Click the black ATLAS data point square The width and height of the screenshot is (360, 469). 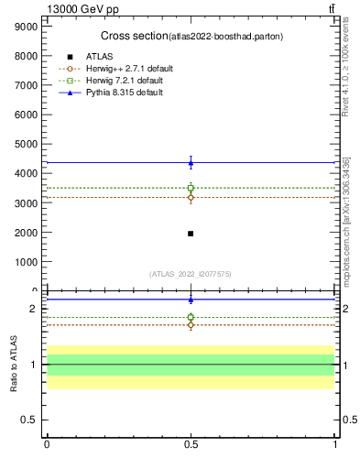pyautogui.click(x=191, y=234)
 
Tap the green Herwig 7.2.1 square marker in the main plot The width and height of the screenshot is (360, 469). pyautogui.click(x=191, y=188)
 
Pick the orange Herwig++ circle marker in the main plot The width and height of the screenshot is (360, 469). pyautogui.click(x=191, y=197)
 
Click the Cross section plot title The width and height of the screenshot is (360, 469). pyautogui.click(x=191, y=36)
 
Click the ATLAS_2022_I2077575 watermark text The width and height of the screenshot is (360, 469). pyautogui.click(x=191, y=273)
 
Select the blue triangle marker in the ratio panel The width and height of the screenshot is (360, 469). pyautogui.click(x=191, y=299)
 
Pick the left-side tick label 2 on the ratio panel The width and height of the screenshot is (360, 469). pyautogui.click(x=32, y=309)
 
